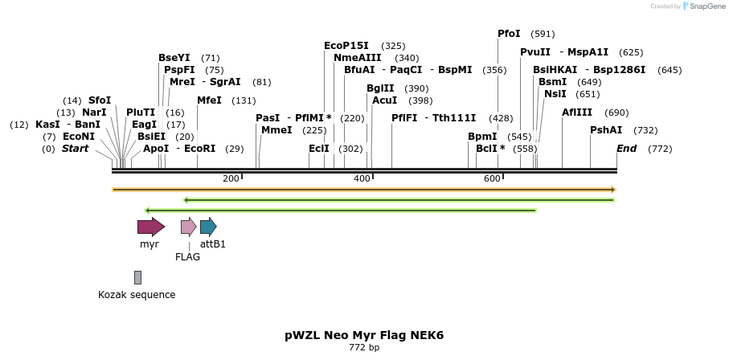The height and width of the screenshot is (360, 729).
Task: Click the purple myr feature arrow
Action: (150, 227)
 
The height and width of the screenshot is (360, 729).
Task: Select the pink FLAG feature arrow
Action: (188, 227)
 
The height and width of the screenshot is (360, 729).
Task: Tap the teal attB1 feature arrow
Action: (208, 227)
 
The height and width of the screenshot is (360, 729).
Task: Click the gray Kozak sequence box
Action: (137, 277)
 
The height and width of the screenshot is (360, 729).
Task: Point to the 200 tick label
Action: (231, 178)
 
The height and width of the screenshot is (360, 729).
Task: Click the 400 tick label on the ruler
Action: (362, 178)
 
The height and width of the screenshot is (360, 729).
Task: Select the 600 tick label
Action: (493, 178)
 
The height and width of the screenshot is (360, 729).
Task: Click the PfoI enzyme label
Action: (509, 34)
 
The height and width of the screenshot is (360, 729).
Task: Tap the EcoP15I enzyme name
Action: (346, 46)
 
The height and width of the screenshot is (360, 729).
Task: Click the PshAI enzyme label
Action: (606, 130)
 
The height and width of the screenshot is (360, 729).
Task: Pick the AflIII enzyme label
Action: (577, 112)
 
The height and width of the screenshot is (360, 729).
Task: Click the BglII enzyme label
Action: (380, 88)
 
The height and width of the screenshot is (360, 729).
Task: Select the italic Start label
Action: (75, 149)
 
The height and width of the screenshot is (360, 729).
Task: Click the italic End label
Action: (626, 149)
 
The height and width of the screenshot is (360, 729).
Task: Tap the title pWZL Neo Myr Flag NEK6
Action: (364, 334)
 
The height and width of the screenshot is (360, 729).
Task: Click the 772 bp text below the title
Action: (364, 348)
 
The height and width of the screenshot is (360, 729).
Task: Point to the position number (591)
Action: (543, 34)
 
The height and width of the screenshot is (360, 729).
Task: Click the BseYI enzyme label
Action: (174, 58)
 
